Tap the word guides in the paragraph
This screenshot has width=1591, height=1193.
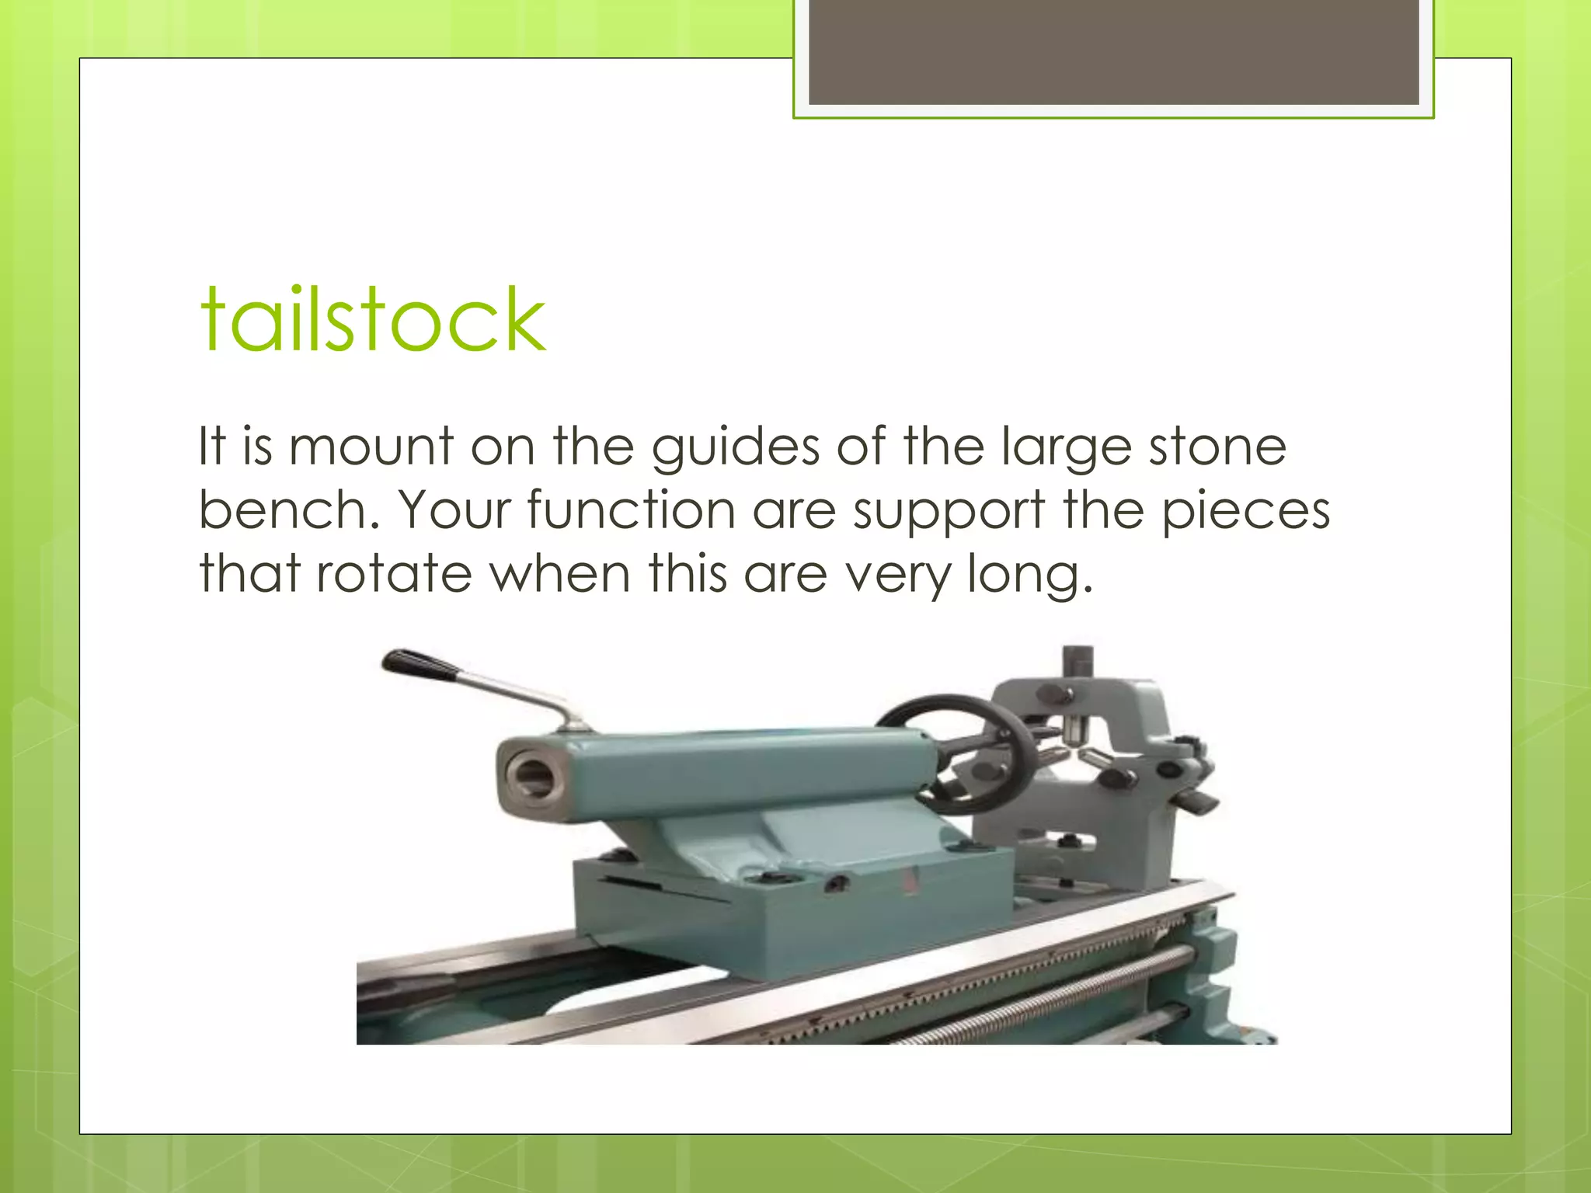(735, 448)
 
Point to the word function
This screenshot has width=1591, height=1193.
(631, 510)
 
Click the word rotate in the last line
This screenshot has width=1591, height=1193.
(394, 574)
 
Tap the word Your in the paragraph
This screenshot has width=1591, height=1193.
(454, 510)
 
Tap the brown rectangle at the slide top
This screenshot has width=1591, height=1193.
(1113, 51)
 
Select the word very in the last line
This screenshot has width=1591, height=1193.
(897, 576)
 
